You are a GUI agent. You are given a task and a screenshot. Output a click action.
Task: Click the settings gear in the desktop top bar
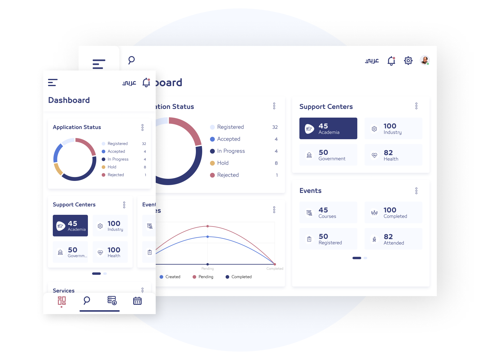[408, 61]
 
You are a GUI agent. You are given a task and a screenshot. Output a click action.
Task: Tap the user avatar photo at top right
[424, 60]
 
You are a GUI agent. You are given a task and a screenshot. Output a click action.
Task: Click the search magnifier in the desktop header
[131, 60]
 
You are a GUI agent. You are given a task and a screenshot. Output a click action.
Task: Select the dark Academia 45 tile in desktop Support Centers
[328, 128]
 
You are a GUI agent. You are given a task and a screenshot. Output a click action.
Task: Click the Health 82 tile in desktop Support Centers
[393, 155]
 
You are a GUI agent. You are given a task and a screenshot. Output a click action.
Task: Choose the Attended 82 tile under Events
[393, 239]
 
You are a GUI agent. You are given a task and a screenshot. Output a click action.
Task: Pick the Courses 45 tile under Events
[328, 212]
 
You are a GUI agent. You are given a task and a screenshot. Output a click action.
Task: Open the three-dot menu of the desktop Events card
[416, 191]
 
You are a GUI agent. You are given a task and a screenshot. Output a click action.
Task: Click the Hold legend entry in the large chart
[223, 163]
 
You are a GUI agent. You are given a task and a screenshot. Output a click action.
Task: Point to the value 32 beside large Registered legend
[275, 127]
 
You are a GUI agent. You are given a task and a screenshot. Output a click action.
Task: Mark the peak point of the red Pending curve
[208, 226]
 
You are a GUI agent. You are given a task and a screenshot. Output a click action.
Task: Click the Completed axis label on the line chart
[274, 268]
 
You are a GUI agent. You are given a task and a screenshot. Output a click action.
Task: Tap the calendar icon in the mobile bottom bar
[137, 301]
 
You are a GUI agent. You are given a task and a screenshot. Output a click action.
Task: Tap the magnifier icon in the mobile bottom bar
[87, 300]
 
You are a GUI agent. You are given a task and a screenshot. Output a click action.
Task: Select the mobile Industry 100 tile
[110, 226]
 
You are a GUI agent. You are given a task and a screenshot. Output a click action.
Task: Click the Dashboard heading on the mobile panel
[69, 100]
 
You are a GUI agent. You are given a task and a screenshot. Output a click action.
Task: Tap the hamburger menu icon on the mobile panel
[53, 82]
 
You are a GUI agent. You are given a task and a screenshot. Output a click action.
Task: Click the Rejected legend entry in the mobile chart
[115, 175]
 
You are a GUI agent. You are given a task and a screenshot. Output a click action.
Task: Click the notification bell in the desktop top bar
[391, 61]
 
